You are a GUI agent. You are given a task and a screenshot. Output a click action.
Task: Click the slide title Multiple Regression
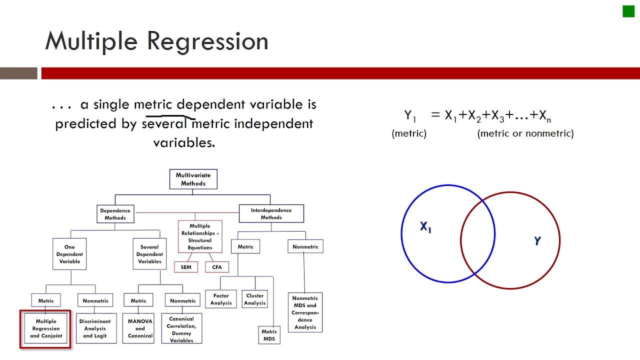tap(156, 41)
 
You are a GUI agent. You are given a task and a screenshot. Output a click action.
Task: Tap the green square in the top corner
tap(628, 11)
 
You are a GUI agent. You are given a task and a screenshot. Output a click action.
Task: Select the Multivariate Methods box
tap(193, 179)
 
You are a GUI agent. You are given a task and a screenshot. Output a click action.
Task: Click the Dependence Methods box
tap(115, 214)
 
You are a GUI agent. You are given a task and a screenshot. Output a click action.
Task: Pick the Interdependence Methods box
tap(271, 214)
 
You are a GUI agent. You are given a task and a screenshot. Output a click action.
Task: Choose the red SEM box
tap(186, 267)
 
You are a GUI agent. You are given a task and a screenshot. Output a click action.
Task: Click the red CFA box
tap(217, 267)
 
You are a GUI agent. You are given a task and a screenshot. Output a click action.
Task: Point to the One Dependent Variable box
tap(69, 254)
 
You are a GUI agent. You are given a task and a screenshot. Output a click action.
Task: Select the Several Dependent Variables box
tap(149, 254)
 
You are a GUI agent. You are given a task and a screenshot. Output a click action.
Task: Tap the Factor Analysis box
tap(221, 299)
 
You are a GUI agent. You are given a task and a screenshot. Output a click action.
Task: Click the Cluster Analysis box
tap(255, 299)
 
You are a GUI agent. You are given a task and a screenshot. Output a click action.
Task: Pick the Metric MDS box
tap(269, 335)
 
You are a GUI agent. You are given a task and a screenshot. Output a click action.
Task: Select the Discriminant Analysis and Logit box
tap(95, 328)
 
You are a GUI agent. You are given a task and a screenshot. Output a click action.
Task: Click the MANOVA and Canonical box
tap(140, 328)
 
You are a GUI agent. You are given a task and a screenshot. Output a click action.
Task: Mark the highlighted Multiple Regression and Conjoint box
tap(46, 328)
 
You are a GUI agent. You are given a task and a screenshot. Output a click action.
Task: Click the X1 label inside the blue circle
tap(425, 227)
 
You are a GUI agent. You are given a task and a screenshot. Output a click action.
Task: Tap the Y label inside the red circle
tap(537, 241)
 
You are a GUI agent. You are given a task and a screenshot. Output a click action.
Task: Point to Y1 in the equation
tap(410, 116)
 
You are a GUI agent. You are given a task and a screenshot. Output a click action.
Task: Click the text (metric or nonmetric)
tap(525, 133)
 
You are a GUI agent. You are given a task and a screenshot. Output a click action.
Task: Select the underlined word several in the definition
tap(164, 123)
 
